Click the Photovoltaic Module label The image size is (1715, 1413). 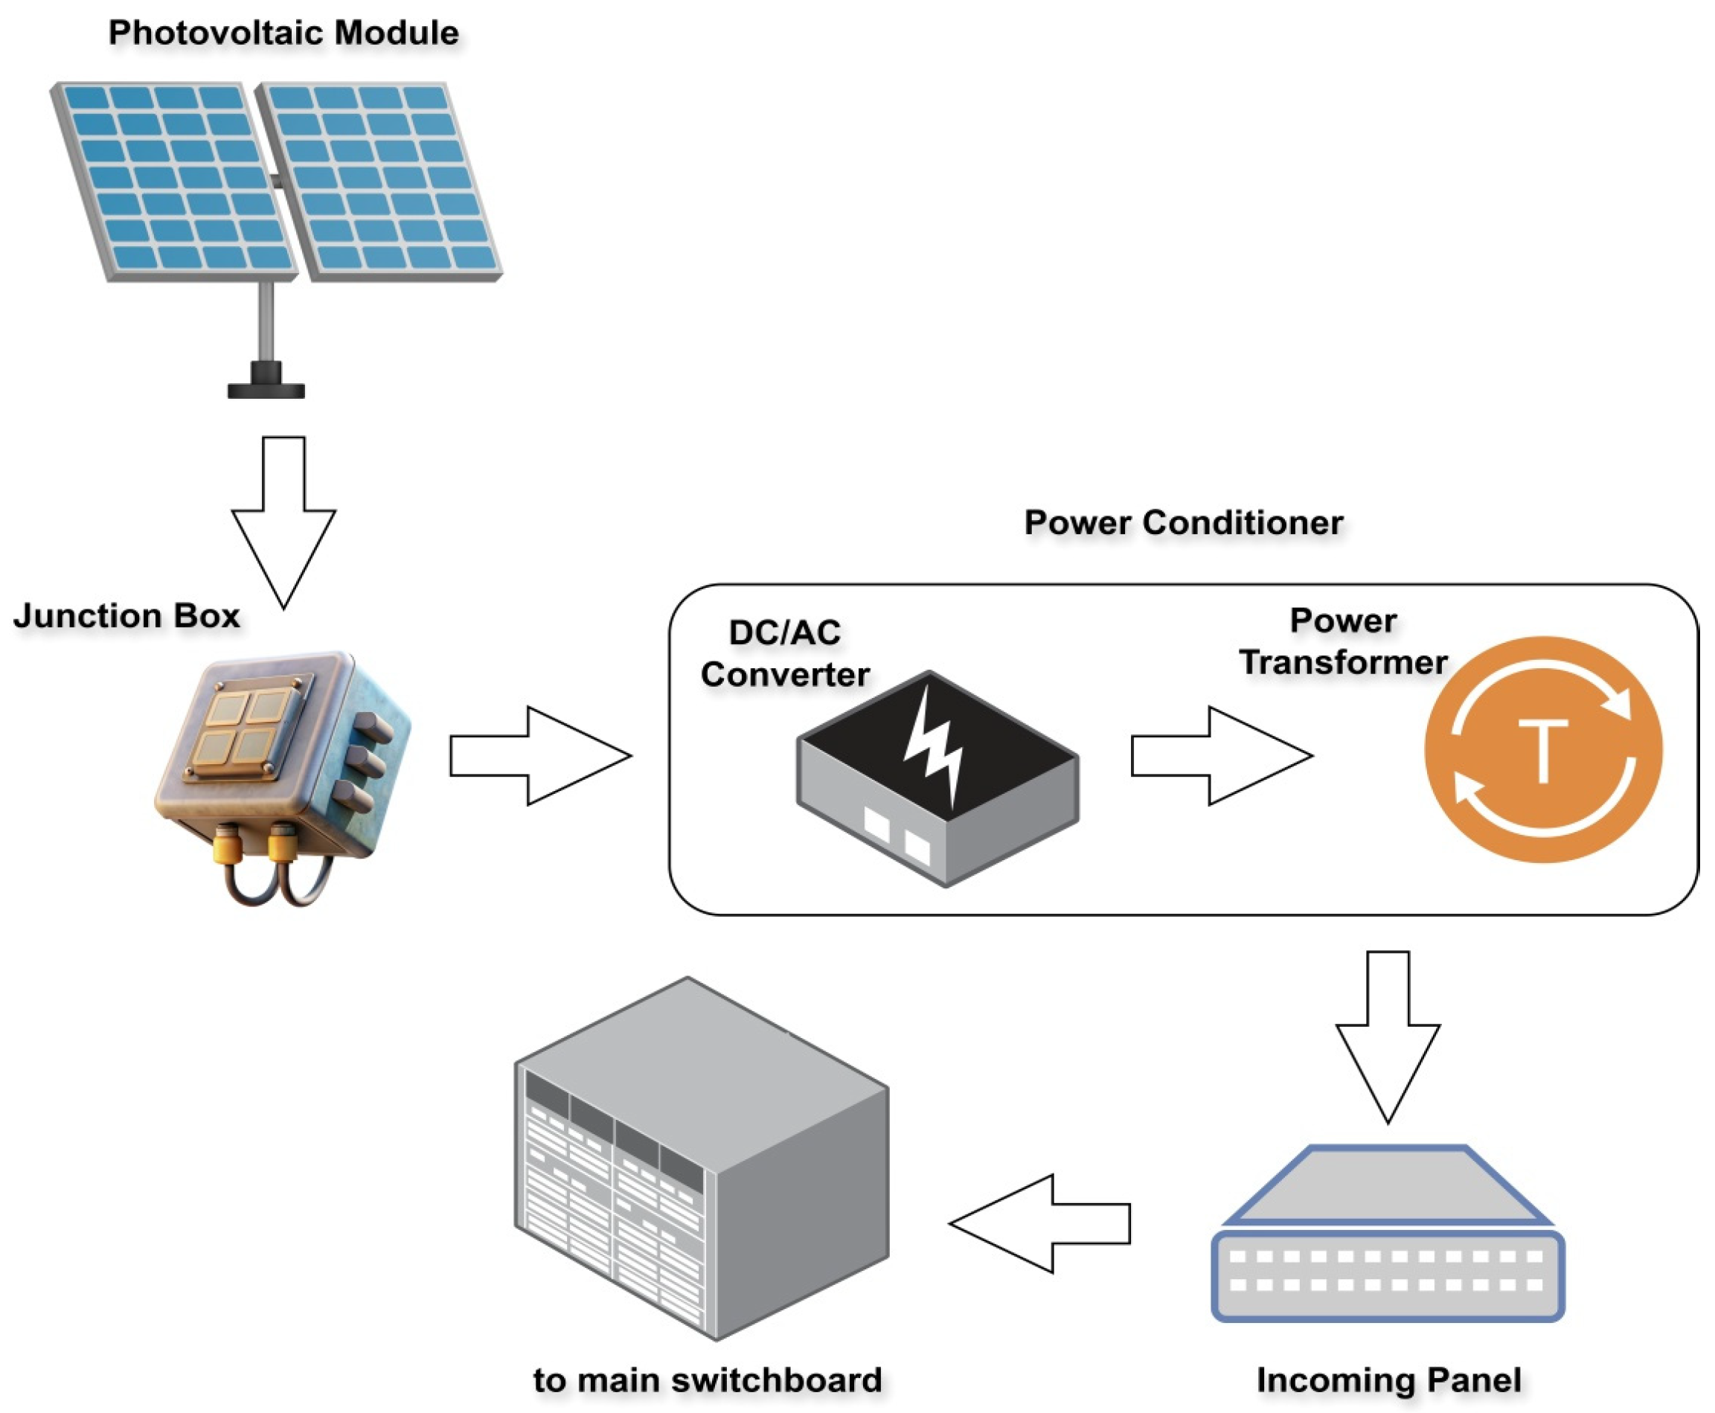click(x=283, y=33)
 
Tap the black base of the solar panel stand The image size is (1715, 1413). click(x=266, y=389)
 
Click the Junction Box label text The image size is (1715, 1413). click(x=126, y=616)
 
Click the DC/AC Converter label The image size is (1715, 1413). click(x=785, y=653)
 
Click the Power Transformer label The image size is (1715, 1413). click(x=1343, y=642)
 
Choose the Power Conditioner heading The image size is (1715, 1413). click(x=1184, y=522)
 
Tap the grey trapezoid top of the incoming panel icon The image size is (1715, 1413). click(x=1388, y=1185)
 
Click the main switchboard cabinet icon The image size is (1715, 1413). click(x=700, y=1156)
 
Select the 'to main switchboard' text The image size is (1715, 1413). click(x=708, y=1380)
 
